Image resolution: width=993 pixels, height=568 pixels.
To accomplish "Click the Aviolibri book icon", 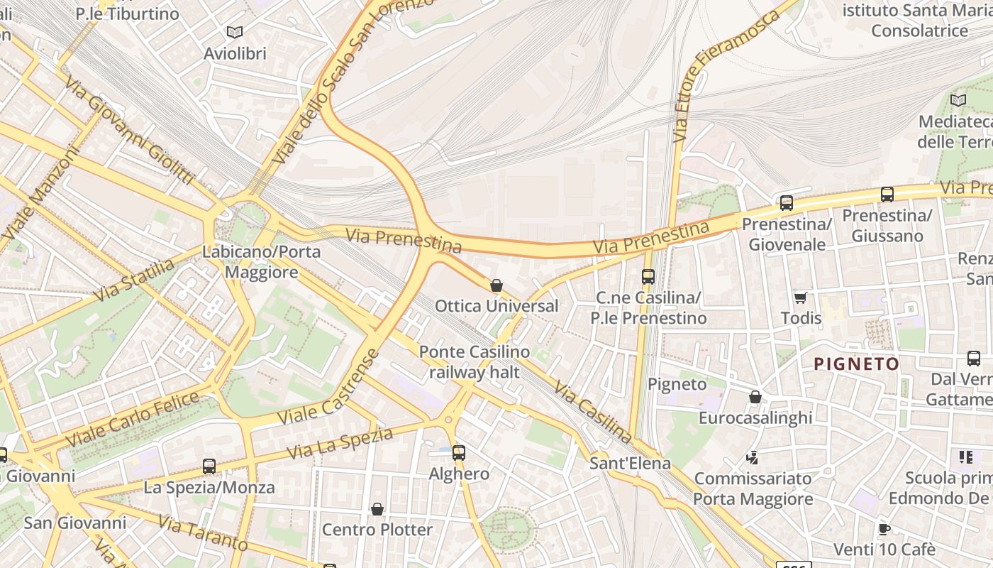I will [x=234, y=32].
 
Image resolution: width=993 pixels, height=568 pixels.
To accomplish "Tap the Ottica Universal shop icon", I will [x=496, y=285].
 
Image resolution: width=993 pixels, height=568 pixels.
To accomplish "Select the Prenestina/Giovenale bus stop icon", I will [x=786, y=203].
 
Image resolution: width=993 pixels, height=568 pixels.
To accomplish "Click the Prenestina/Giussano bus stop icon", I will [x=887, y=194].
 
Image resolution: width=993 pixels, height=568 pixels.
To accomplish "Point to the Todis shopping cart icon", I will [x=801, y=297].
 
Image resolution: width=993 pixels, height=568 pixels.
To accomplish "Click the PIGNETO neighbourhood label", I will [x=856, y=364].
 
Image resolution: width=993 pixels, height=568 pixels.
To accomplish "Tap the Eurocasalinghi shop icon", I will [x=755, y=397].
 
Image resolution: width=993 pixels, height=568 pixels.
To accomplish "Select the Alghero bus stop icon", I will [x=459, y=452].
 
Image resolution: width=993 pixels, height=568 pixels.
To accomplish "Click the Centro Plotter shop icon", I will [x=377, y=509].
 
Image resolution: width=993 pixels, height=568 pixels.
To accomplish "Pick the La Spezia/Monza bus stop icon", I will [x=209, y=466].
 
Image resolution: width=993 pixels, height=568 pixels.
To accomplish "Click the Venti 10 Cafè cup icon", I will [x=884, y=528].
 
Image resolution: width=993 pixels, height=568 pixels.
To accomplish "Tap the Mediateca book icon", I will [x=958, y=101].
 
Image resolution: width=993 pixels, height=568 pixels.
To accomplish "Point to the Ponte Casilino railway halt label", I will [x=474, y=362].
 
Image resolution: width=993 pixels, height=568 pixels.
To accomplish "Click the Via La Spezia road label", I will [x=340, y=443].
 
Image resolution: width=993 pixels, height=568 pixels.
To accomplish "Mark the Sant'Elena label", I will [x=630, y=464].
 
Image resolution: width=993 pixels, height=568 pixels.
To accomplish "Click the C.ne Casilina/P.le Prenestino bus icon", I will [x=648, y=277].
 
